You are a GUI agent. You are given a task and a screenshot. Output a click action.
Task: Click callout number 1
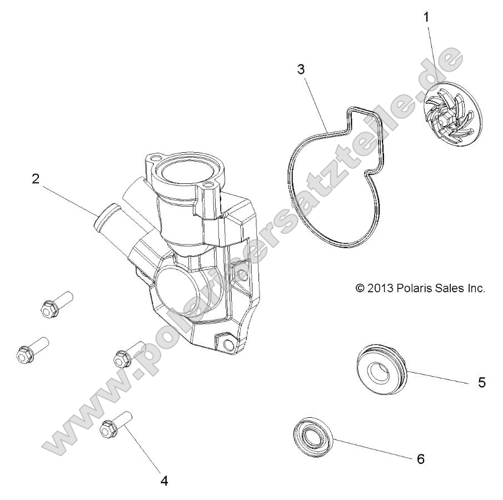click(x=426, y=18)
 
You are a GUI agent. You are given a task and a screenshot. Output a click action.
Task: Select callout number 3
click(x=301, y=71)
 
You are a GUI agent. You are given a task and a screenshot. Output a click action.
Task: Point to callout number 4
click(x=165, y=480)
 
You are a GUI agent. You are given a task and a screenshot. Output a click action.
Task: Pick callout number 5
click(x=482, y=382)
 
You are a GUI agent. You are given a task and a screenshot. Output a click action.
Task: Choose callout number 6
click(x=420, y=458)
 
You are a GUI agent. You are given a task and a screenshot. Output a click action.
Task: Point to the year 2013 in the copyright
click(x=381, y=288)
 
